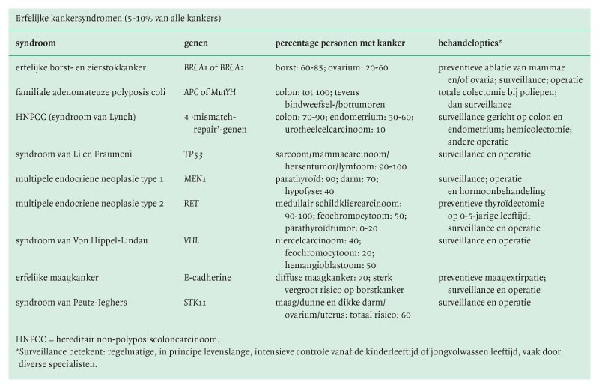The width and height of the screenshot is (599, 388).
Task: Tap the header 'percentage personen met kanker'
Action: point(340,43)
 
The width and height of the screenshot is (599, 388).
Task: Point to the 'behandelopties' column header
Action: point(468,43)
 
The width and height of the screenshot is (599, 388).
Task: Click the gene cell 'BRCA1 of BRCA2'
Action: point(216,67)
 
